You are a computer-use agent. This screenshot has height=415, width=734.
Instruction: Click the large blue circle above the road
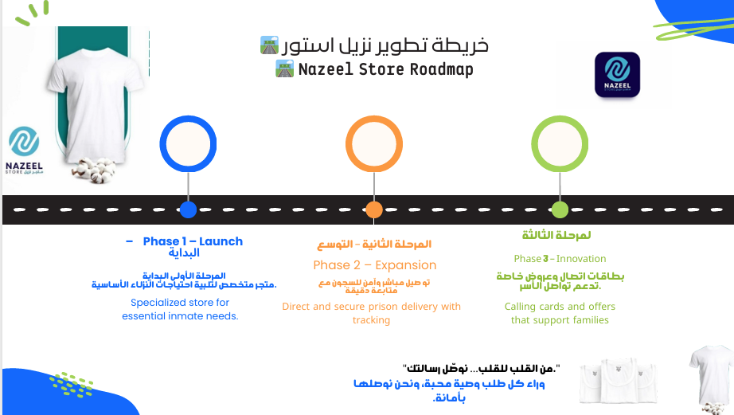(188, 144)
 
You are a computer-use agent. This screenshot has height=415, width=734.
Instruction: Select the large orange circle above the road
(373, 144)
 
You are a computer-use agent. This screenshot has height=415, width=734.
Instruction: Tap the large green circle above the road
(560, 144)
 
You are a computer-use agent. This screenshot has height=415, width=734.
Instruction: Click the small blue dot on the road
(188, 210)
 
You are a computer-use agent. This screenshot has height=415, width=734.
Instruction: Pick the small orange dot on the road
(374, 210)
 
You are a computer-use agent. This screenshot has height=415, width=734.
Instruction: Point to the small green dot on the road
(560, 210)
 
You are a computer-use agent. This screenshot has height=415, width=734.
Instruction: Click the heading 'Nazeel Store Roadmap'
(385, 69)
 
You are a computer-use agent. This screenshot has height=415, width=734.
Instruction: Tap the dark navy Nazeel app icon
(617, 75)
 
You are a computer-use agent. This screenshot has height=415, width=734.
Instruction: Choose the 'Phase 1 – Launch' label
(193, 241)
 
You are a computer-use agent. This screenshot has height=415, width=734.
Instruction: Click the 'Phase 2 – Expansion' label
(374, 265)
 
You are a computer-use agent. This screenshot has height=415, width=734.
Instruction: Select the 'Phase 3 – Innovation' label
(560, 259)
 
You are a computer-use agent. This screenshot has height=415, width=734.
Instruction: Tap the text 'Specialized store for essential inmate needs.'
(180, 309)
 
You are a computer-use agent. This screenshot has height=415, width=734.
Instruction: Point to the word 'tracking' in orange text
(371, 320)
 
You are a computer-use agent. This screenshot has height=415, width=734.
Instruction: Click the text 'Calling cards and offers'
(560, 306)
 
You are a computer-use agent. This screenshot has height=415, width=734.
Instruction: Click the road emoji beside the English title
(284, 69)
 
